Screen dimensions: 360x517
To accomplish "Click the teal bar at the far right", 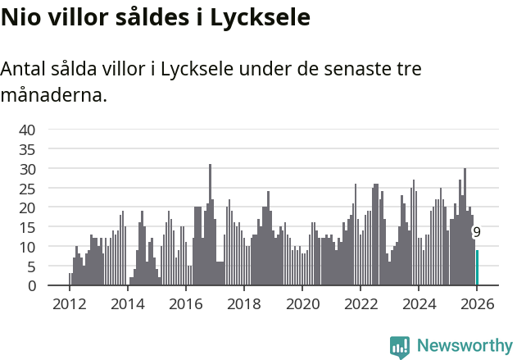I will pyautogui.click(x=477, y=268).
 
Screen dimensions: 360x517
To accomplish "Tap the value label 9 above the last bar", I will pyautogui.click(x=477, y=233).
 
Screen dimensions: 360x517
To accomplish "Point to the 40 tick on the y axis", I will pyautogui.click(x=27, y=130).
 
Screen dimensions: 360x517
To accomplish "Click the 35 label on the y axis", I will pyautogui.click(x=27, y=149).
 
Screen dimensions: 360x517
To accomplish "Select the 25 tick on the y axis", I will pyautogui.click(x=27, y=188).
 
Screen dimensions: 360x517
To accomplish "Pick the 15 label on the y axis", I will pyautogui.click(x=27, y=227).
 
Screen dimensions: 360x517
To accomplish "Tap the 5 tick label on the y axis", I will pyautogui.click(x=31, y=267).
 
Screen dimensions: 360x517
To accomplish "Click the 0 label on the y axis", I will pyautogui.click(x=31, y=286).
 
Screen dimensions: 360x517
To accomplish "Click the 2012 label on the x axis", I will pyautogui.click(x=69, y=303).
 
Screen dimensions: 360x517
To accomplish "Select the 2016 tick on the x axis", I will pyautogui.click(x=185, y=303).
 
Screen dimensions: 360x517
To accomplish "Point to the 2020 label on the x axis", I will pyautogui.click(x=302, y=303).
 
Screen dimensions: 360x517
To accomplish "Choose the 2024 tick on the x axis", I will pyautogui.click(x=418, y=303).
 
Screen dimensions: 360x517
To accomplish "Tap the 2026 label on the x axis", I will pyautogui.click(x=476, y=303).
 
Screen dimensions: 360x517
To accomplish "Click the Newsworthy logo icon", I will pyautogui.click(x=400, y=347).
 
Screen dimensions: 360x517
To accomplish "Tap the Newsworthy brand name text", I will pyautogui.click(x=464, y=346).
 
